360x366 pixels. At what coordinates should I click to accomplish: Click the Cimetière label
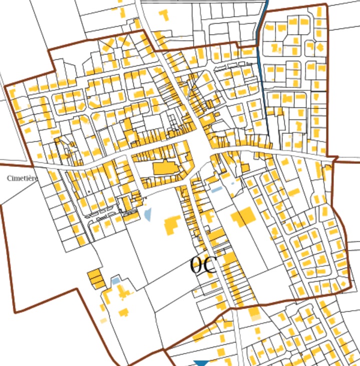pyautogui.click(x=23, y=178)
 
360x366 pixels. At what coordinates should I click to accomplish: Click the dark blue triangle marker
pyautogui.click(x=201, y=363)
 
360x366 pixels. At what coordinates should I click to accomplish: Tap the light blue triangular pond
pyautogui.click(x=148, y=215)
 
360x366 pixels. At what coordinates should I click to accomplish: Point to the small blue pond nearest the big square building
pyautogui.click(x=216, y=190)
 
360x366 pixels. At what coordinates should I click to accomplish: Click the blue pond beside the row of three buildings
pyautogui.click(x=116, y=281)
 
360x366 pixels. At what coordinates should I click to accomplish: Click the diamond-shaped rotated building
pyautogui.click(x=320, y=47)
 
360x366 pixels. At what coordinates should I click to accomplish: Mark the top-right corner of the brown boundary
pyautogui.click(x=326, y=6)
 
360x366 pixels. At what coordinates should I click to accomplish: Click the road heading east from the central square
pyautogui.click(x=280, y=151)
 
